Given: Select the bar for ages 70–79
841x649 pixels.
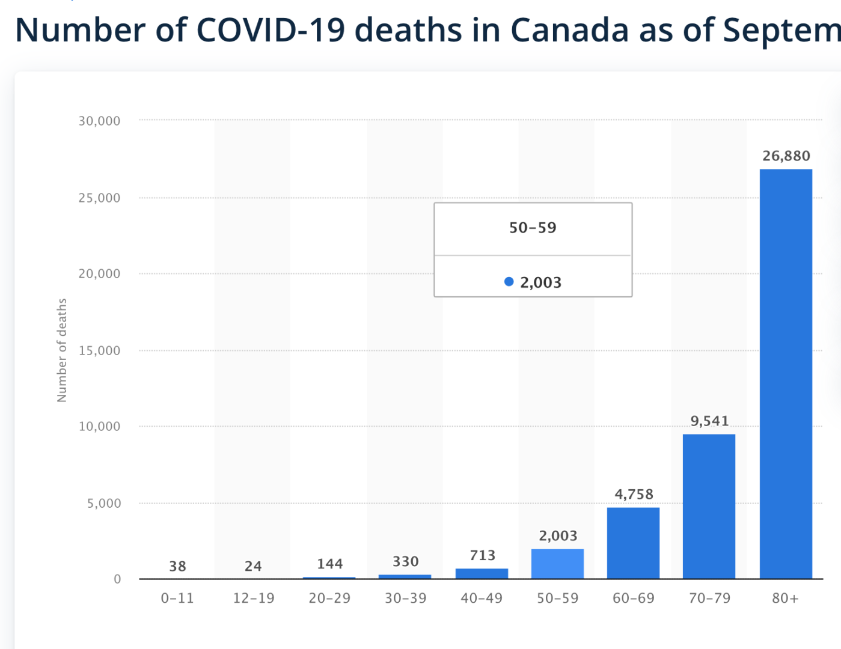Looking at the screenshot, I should (709, 506).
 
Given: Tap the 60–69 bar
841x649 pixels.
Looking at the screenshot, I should (633, 543).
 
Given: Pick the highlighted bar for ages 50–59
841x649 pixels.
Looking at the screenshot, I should (557, 564).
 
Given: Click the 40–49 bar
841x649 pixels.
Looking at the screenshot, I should (482, 573).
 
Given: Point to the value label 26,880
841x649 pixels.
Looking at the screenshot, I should (786, 156).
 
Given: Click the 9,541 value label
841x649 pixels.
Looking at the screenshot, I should (709, 421).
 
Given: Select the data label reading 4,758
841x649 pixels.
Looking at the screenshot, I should (634, 495).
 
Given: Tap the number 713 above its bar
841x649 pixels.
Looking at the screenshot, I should (483, 555).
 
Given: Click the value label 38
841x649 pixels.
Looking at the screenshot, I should (177, 566).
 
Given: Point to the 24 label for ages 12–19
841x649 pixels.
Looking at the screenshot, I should (253, 566).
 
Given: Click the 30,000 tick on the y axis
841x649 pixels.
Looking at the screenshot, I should (99, 121).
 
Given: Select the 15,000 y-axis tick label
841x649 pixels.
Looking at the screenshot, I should (99, 350).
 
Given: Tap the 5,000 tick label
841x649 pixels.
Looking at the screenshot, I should (104, 503).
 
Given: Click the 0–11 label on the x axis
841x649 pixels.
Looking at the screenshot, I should (177, 599).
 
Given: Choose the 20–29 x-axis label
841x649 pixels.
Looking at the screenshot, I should (329, 599).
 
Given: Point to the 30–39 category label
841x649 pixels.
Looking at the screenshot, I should (406, 599).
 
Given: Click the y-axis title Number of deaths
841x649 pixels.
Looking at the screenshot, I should (62, 350).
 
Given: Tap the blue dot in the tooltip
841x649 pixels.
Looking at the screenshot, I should (509, 282).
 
